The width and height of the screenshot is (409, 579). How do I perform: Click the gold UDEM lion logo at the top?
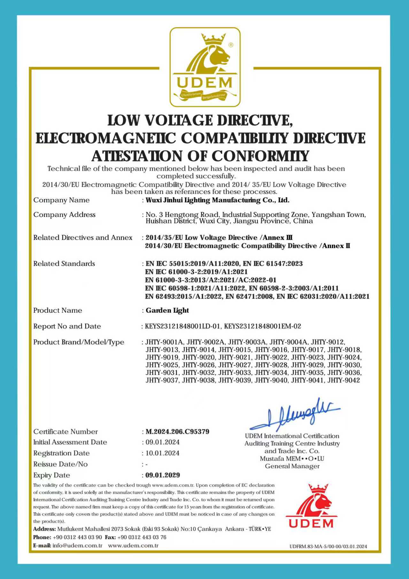(205, 67)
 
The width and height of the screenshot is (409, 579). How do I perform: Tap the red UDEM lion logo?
(312, 506)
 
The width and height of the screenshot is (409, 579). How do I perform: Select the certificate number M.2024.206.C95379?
(177, 432)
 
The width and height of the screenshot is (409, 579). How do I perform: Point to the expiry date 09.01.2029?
(163, 475)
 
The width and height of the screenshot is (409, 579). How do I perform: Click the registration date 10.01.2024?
(162, 453)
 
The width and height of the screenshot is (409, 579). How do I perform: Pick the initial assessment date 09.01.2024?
(162, 442)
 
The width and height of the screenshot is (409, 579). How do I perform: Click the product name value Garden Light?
(167, 310)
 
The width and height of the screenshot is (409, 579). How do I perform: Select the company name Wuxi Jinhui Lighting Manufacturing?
(217, 200)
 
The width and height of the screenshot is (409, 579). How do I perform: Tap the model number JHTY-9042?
(343, 380)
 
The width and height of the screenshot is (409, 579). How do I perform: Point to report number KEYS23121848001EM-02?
(262, 326)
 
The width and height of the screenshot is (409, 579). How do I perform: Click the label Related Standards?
(64, 264)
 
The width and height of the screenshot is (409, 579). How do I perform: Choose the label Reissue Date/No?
(60, 464)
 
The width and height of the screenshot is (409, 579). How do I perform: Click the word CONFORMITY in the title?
(260, 156)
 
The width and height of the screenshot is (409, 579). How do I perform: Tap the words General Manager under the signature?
(292, 466)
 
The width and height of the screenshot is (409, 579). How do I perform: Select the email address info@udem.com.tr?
(77, 545)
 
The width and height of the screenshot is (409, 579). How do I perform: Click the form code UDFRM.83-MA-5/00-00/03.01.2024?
(328, 546)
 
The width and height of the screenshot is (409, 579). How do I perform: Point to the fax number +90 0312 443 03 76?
(142, 537)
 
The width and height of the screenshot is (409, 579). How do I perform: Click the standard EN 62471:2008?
(249, 296)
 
